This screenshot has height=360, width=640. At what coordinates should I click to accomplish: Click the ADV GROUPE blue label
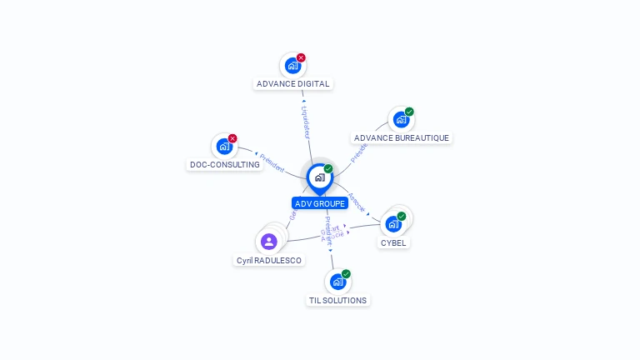(320, 203)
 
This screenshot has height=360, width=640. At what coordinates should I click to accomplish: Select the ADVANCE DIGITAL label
(293, 83)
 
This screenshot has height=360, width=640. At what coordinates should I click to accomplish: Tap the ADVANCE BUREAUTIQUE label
(402, 137)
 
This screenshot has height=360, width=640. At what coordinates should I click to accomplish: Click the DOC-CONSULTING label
(225, 165)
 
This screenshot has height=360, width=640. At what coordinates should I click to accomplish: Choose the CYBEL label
(393, 243)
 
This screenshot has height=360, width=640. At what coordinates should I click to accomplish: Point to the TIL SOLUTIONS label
(337, 300)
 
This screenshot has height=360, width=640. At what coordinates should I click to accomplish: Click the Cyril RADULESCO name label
(269, 260)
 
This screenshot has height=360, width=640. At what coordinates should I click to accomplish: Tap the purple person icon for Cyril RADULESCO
(268, 242)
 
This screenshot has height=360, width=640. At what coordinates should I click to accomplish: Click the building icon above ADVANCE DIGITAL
(292, 65)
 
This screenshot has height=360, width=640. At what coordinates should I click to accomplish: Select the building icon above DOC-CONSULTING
(223, 146)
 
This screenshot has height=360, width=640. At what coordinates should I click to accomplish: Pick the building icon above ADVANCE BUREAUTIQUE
(400, 119)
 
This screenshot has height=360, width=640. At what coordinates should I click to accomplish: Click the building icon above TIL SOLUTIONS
(337, 282)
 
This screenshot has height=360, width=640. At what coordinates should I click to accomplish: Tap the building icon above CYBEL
(392, 223)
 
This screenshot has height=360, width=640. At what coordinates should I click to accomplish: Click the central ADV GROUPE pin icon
(319, 177)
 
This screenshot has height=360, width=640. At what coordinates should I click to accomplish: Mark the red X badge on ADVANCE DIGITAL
(301, 57)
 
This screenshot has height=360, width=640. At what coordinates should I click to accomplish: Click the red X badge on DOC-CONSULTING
(232, 138)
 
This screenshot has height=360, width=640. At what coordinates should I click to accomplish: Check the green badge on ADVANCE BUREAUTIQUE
(409, 112)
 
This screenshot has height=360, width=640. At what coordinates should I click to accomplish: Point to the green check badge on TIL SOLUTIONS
(346, 273)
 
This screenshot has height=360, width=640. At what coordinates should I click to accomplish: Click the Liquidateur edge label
(306, 121)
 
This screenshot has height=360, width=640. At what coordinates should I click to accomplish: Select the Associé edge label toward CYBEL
(356, 202)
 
